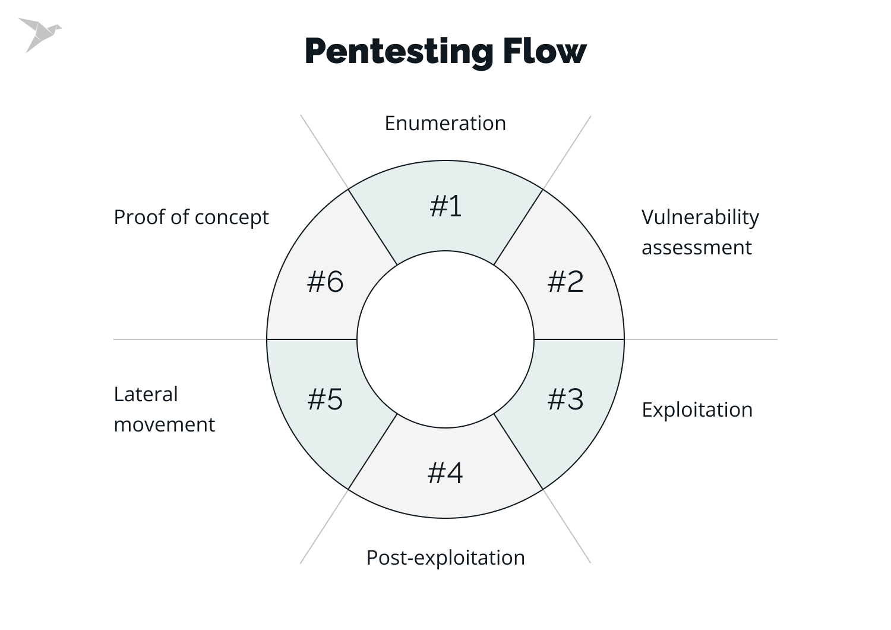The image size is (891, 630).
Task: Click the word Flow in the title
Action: [544, 51]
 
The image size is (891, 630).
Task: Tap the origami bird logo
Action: [39, 34]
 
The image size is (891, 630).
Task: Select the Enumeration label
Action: [445, 123]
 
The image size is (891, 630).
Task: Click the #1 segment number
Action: [445, 206]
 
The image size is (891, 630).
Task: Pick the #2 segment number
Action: [565, 281]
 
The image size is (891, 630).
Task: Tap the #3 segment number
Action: [565, 399]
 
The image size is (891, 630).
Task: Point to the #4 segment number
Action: [445, 473]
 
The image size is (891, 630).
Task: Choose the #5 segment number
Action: [325, 399]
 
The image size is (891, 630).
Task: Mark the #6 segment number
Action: [325, 281]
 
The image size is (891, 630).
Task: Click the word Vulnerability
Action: [700, 218]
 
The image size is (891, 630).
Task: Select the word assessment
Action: [696, 247]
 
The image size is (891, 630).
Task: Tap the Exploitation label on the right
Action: [697, 409]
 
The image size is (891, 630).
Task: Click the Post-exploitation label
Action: [445, 557]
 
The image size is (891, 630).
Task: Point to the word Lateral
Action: [146, 394]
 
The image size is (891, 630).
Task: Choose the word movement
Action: [164, 424]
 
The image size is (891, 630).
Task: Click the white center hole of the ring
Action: [445, 339]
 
